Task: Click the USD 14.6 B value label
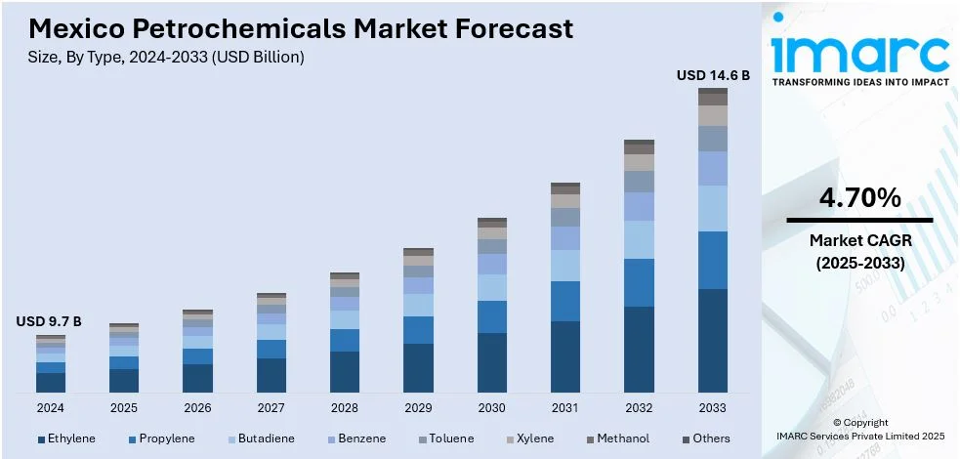pyautogui.click(x=713, y=75)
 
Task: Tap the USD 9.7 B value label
pyautogui.click(x=49, y=321)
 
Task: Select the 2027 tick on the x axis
pyautogui.click(x=271, y=407)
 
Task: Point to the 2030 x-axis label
pyautogui.click(x=491, y=407)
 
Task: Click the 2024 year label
pyautogui.click(x=50, y=407)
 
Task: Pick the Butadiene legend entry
pyautogui.click(x=264, y=438)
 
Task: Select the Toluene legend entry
pyautogui.click(x=452, y=438)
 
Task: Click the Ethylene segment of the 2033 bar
pyautogui.click(x=713, y=340)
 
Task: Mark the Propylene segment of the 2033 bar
pyautogui.click(x=713, y=260)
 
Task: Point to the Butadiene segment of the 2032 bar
pyautogui.click(x=639, y=239)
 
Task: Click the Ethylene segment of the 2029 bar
pyautogui.click(x=418, y=367)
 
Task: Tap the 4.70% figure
pyautogui.click(x=859, y=198)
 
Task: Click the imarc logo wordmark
pyautogui.click(x=859, y=51)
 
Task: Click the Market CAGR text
pyautogui.click(x=859, y=240)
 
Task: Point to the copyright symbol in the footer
pyautogui.click(x=837, y=422)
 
